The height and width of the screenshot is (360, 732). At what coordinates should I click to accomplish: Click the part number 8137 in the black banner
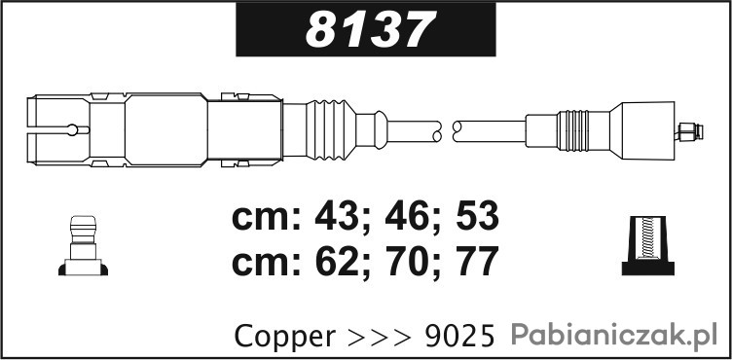(371, 29)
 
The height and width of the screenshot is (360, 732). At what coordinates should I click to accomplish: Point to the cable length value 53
(477, 217)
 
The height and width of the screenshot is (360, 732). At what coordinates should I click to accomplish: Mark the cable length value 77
(477, 262)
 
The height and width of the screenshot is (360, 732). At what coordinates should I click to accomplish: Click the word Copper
(285, 337)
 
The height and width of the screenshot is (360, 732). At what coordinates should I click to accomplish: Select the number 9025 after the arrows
(459, 337)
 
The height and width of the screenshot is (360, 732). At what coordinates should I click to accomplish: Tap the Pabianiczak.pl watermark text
(614, 336)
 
